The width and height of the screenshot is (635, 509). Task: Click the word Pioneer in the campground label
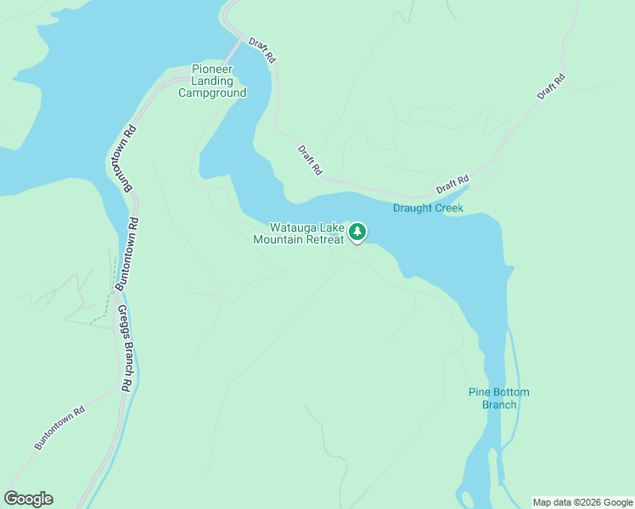(x=212, y=69)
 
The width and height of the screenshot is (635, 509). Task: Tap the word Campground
(x=212, y=92)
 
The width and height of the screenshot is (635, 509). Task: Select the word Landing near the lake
(x=212, y=81)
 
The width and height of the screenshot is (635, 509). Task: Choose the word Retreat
(x=326, y=239)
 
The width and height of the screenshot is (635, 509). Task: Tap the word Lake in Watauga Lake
(x=330, y=227)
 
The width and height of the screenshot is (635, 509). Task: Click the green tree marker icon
(x=358, y=231)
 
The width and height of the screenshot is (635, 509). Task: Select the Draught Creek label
(x=428, y=208)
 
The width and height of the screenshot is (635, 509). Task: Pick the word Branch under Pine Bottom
(x=499, y=404)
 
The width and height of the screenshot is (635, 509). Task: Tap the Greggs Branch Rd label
(x=125, y=349)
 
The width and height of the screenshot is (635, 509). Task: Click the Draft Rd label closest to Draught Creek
(x=452, y=184)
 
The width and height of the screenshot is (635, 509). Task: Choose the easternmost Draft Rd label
(x=551, y=87)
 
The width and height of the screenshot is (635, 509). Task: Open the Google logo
(x=28, y=499)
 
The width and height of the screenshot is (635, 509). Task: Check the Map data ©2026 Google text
(x=583, y=502)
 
